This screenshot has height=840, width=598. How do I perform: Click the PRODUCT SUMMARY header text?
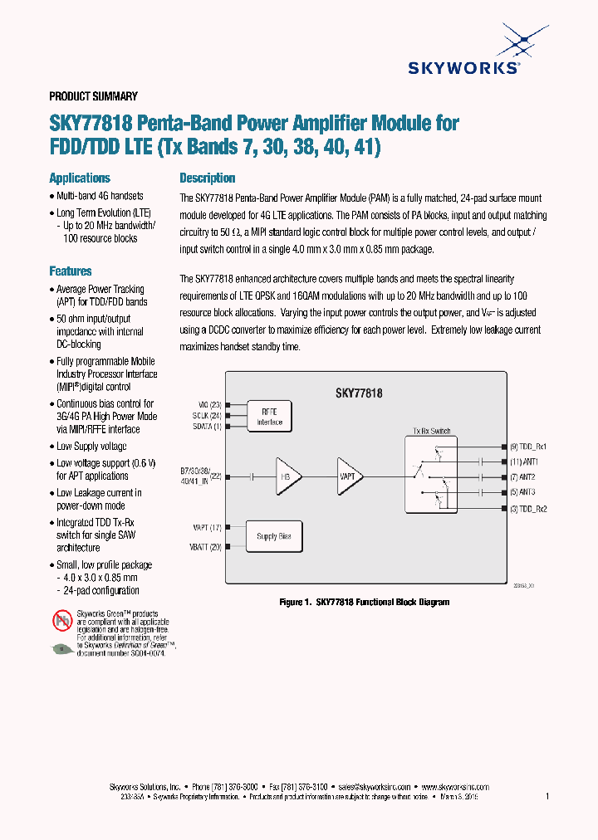click(x=93, y=96)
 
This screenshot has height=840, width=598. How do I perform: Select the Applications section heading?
click(x=80, y=178)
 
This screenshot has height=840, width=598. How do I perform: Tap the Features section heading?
click(x=71, y=271)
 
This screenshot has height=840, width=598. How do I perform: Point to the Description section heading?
click(x=208, y=178)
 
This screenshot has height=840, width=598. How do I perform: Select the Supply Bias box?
click(x=272, y=536)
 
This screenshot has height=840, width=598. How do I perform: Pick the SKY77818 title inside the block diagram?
click(x=358, y=393)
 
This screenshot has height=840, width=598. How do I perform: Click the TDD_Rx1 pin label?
click(x=528, y=447)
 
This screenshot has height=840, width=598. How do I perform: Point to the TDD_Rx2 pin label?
click(x=528, y=508)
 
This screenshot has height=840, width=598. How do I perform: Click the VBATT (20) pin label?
click(x=206, y=546)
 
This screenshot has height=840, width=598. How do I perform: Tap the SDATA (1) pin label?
click(x=207, y=427)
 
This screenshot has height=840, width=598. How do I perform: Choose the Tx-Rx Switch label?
click(x=431, y=431)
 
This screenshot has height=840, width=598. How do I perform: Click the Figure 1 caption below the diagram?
click(x=364, y=602)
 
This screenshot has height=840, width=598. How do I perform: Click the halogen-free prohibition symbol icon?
click(x=62, y=619)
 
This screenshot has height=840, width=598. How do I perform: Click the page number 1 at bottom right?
click(x=547, y=797)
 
